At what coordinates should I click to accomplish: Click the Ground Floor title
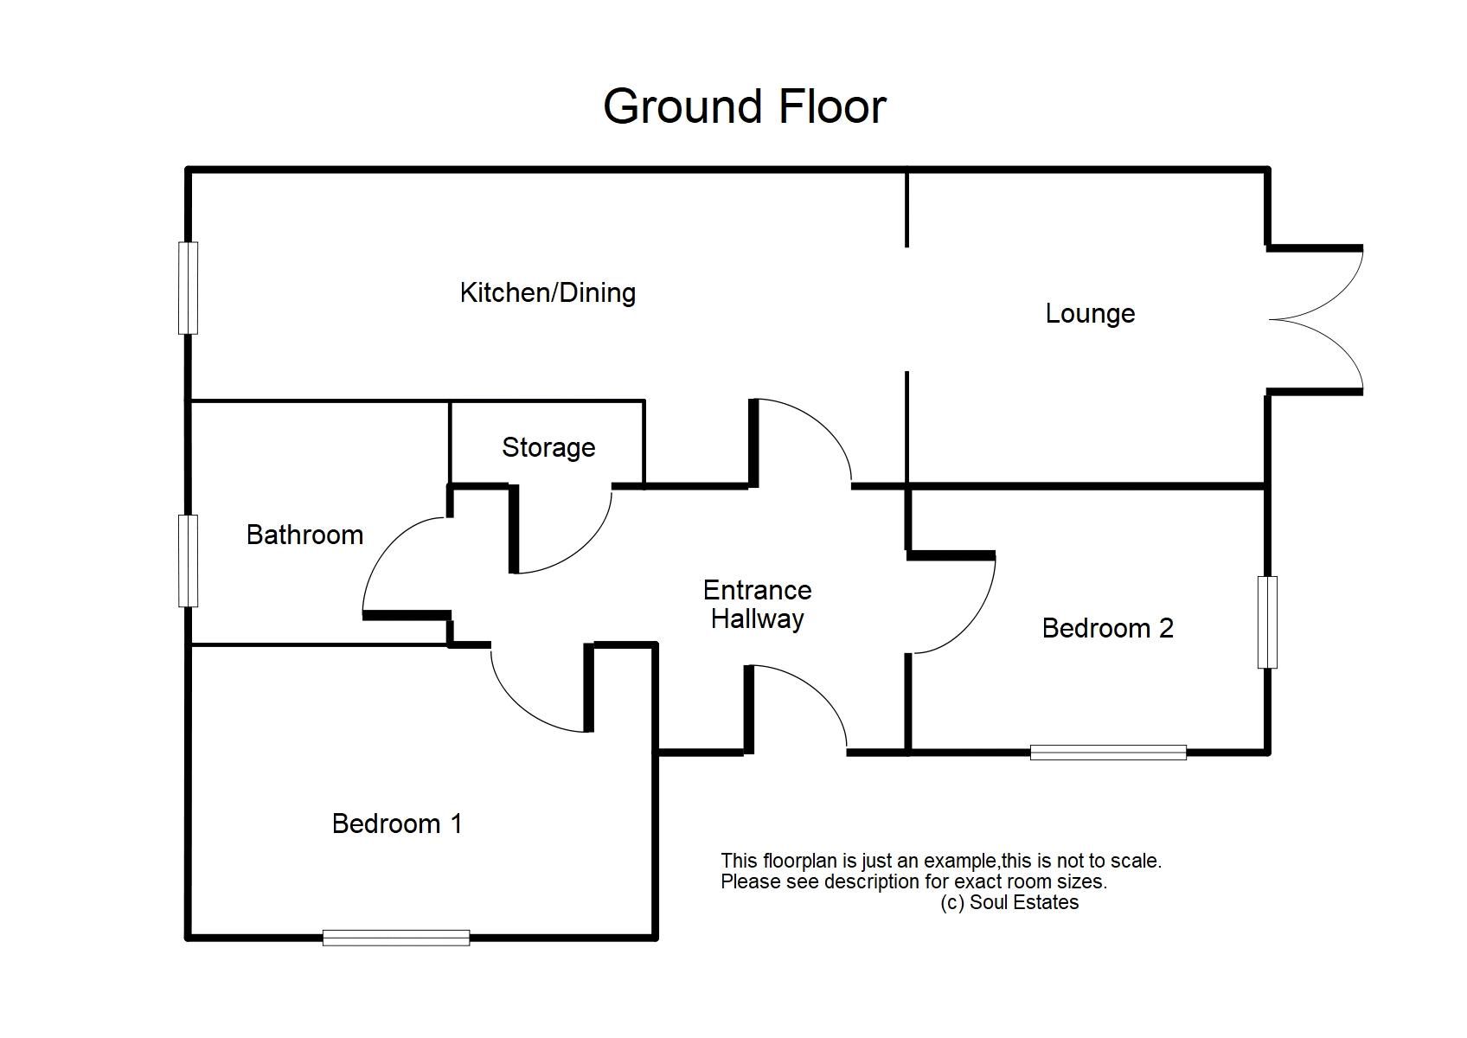click(744, 106)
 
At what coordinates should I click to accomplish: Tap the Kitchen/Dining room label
click(548, 292)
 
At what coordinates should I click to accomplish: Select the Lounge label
click(1090, 314)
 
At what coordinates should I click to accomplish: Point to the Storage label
click(548, 448)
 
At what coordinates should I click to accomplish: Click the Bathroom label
click(304, 535)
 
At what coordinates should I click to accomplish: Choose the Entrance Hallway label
click(757, 605)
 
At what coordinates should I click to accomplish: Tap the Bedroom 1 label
click(397, 823)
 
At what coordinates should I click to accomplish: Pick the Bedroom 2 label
click(1107, 629)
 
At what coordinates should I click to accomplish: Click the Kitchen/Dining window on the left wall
click(188, 288)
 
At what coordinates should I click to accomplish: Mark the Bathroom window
click(188, 561)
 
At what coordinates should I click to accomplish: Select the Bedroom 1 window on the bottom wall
click(396, 938)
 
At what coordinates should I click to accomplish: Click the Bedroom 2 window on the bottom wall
click(1108, 753)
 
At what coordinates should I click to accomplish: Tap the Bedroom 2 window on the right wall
click(1267, 622)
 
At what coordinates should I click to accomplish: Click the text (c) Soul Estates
click(1009, 902)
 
